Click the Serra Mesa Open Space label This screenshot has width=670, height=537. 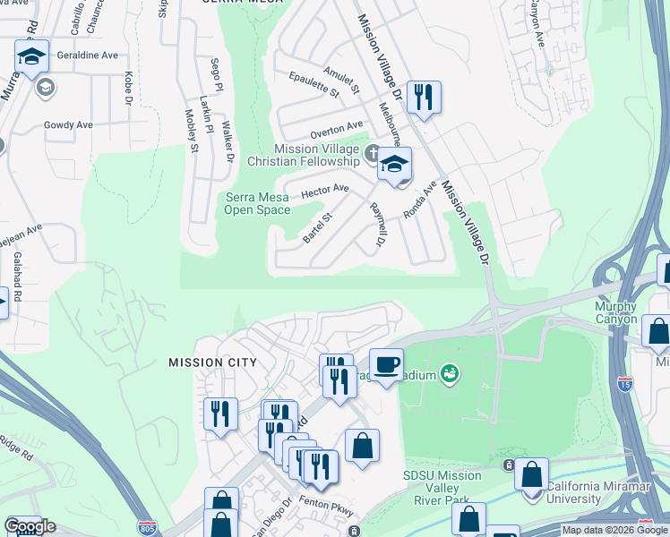click(x=257, y=204)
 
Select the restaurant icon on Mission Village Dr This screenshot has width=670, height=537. click(x=424, y=96)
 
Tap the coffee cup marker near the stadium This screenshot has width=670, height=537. click(x=386, y=364)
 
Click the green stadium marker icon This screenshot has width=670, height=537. click(x=451, y=373)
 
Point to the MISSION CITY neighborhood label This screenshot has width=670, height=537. click(x=212, y=362)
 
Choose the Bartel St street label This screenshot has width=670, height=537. click(x=317, y=227)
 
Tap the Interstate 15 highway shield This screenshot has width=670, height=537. click(x=624, y=384)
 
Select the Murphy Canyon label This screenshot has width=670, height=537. click(x=616, y=313)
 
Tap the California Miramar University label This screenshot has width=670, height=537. click(x=598, y=492)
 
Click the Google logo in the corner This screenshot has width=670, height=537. click(x=30, y=526)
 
